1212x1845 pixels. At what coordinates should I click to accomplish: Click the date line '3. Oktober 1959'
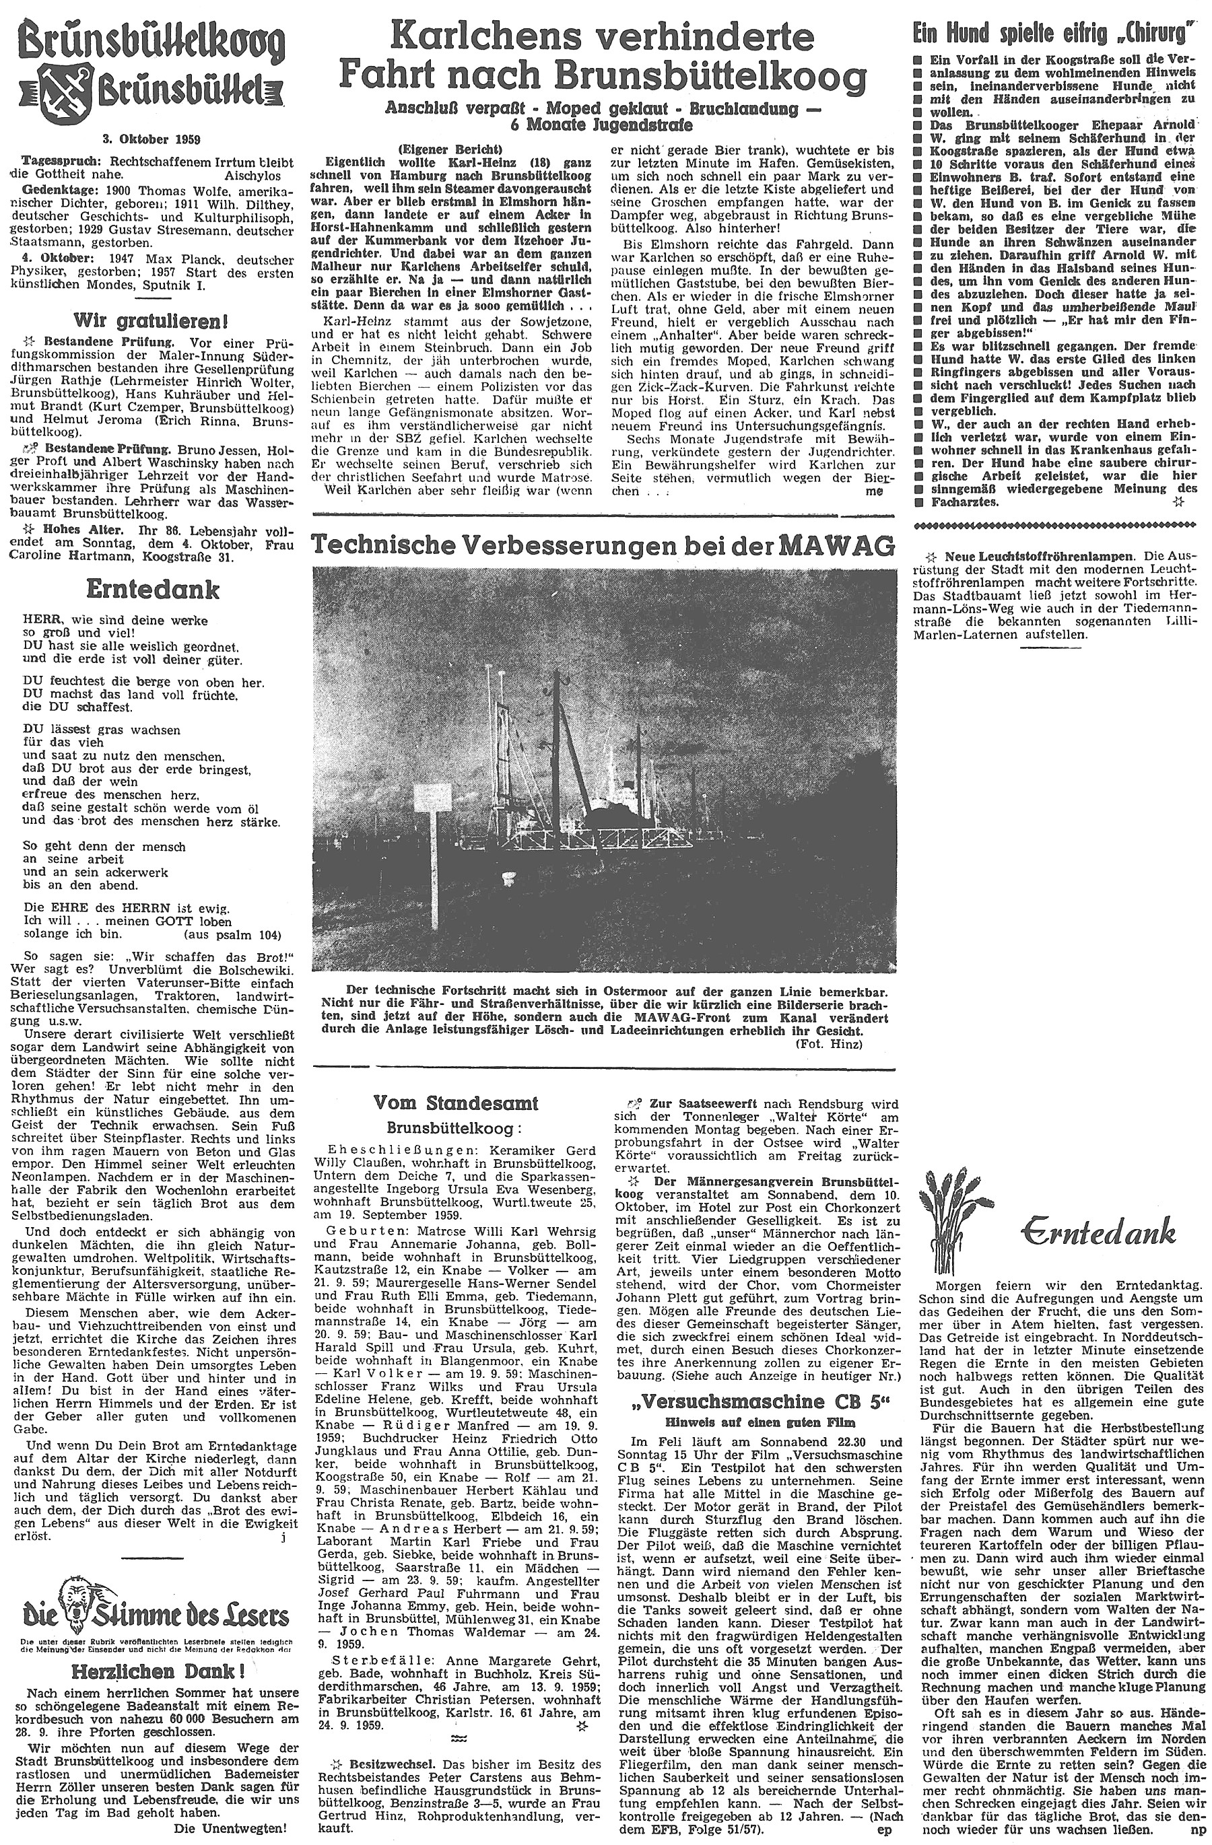(x=151, y=139)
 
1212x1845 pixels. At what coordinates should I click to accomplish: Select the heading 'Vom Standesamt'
(x=455, y=1103)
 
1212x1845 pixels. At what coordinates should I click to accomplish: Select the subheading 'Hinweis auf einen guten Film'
(x=758, y=1422)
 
